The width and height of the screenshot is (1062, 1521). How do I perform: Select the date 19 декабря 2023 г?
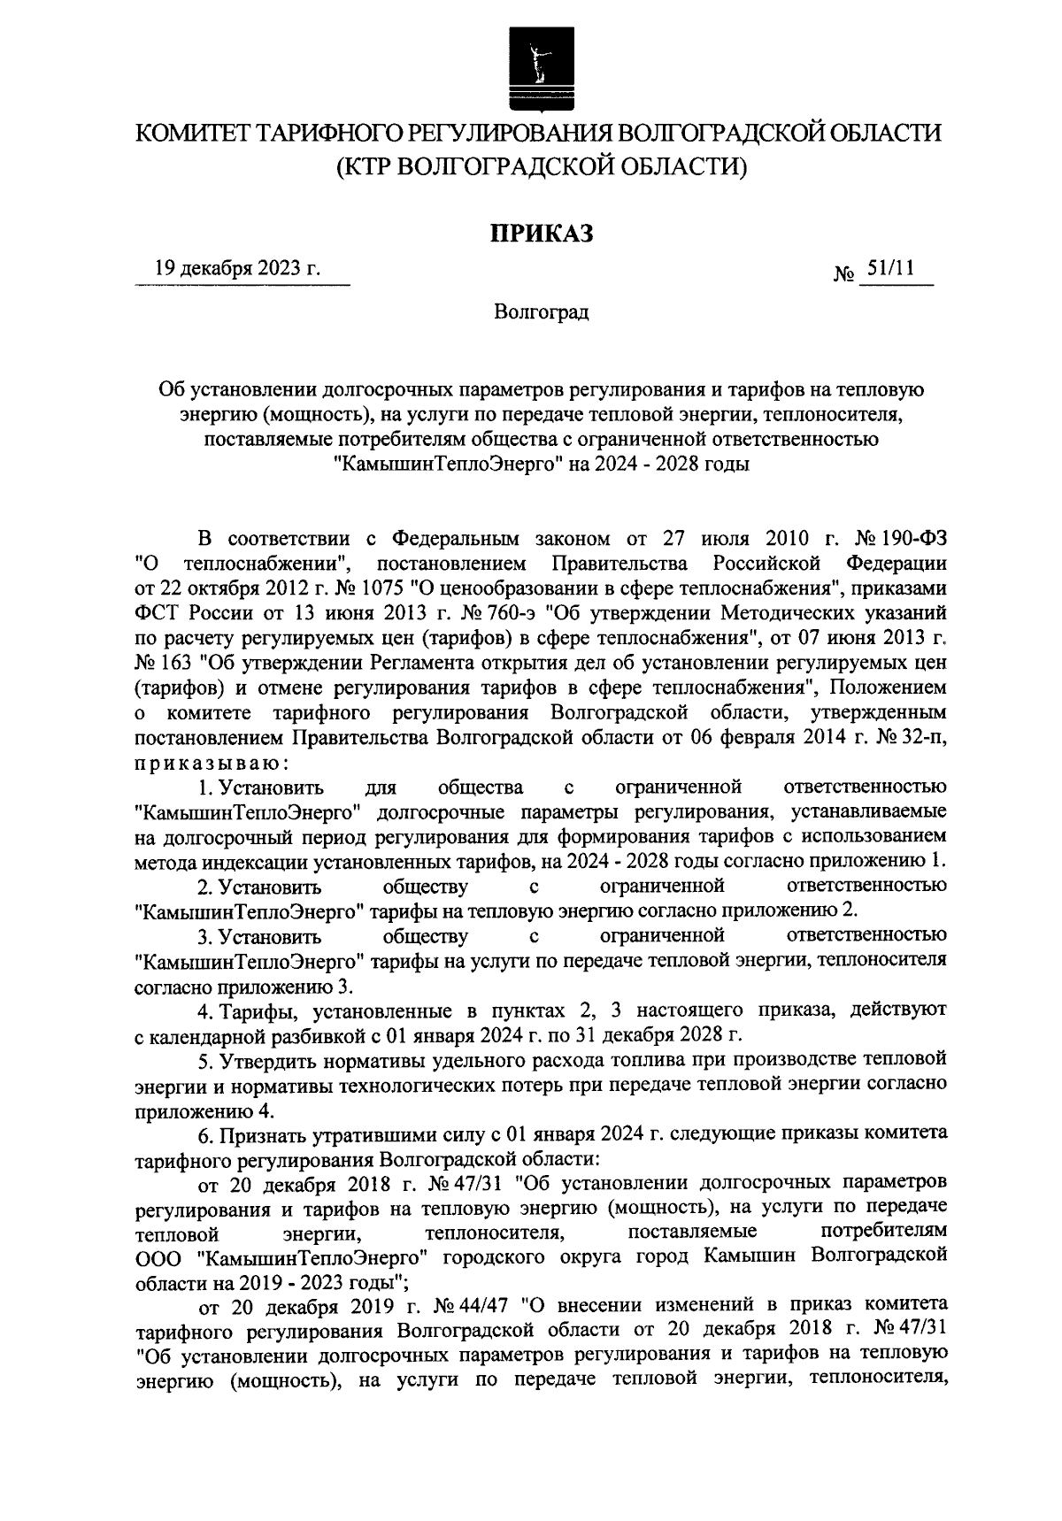pos(238,267)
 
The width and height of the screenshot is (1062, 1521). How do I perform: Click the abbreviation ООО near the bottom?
pos(157,1256)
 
